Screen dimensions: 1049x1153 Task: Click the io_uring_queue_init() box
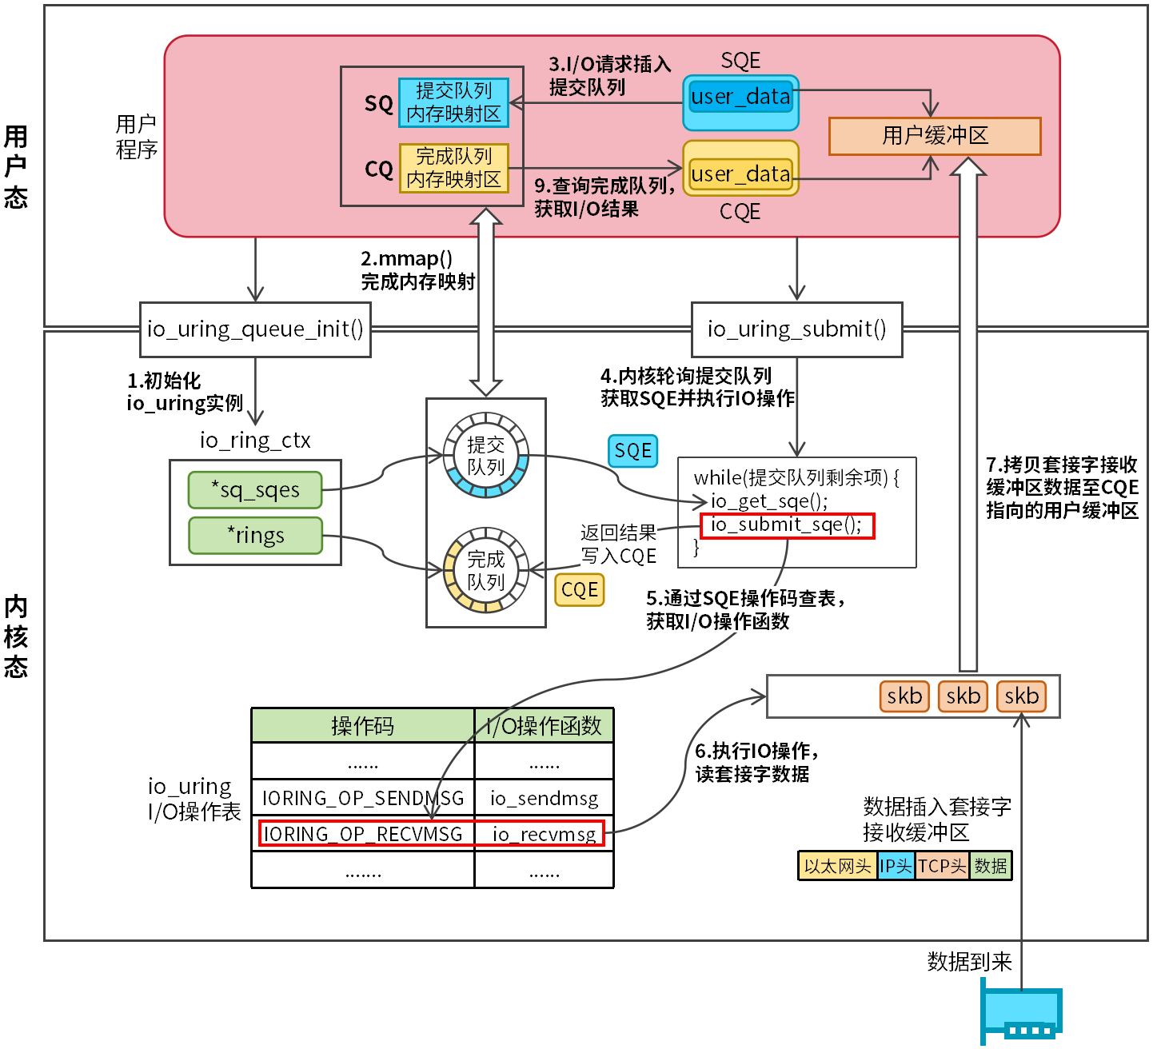tap(255, 329)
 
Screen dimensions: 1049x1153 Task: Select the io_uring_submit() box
tap(796, 329)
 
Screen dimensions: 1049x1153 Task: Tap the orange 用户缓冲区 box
tap(935, 136)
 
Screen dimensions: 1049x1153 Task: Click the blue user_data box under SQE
tap(740, 97)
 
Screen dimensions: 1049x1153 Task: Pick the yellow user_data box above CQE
tap(740, 174)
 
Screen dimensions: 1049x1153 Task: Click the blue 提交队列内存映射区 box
tap(453, 102)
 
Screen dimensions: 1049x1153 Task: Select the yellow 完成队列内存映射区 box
tap(453, 168)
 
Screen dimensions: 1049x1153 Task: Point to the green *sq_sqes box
tap(255, 490)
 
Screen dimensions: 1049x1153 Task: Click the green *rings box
tap(255, 536)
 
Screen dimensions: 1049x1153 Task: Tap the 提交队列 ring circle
tap(486, 456)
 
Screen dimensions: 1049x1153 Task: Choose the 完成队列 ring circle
tap(486, 571)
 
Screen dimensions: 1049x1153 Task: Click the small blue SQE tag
tap(632, 451)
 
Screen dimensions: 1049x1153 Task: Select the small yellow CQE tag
tap(580, 590)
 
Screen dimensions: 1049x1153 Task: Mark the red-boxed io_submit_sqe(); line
tap(787, 525)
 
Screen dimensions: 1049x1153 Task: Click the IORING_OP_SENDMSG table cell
tap(363, 798)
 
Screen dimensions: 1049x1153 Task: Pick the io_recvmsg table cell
tap(544, 834)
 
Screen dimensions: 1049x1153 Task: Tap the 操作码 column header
tap(363, 726)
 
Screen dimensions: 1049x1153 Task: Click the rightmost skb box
tap(1021, 696)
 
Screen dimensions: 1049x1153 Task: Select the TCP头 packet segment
tap(942, 866)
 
